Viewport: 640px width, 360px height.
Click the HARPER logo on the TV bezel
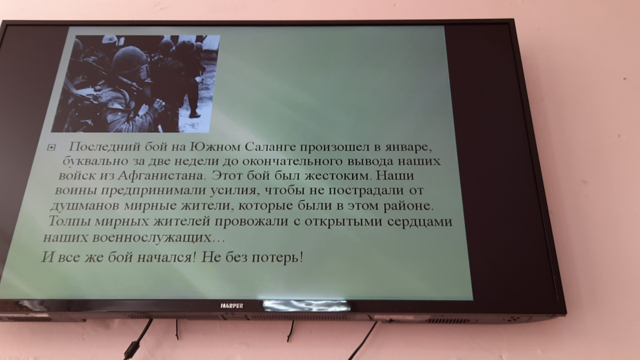(232, 306)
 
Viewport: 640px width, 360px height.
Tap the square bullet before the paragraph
(51, 148)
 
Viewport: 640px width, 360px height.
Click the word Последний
(105, 147)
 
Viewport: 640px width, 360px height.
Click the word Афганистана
(162, 175)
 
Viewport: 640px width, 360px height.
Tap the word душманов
(85, 206)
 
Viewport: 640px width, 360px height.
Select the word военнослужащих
(152, 238)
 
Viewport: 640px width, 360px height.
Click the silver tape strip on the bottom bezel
(306, 306)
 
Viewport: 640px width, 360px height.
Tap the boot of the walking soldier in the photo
(195, 114)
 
